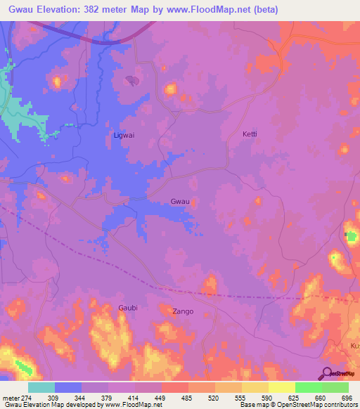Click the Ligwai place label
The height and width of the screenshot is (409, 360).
click(x=124, y=134)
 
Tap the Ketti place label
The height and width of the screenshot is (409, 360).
click(x=250, y=134)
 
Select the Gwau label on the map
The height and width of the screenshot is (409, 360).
click(x=180, y=202)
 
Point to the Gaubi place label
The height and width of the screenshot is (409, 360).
click(x=129, y=308)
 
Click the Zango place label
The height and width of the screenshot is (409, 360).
click(x=183, y=311)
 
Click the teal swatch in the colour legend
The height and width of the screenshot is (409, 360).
click(x=41, y=387)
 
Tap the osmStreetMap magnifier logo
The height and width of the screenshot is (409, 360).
click(x=326, y=373)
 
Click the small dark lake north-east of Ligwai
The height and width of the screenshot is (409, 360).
click(x=131, y=81)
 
